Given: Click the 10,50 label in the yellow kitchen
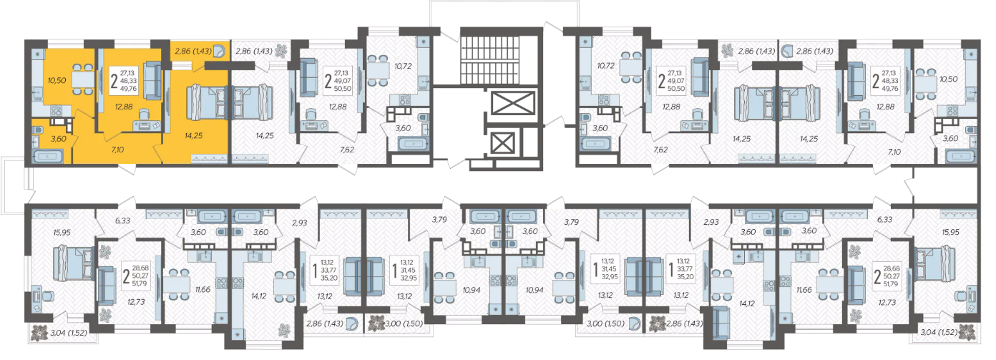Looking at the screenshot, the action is [57, 81].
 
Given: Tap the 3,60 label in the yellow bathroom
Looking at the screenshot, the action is [58, 139].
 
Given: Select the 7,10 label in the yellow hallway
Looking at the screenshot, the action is [117, 150].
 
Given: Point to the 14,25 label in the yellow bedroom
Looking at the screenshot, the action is [193, 136].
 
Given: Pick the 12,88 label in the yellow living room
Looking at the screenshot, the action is [124, 107].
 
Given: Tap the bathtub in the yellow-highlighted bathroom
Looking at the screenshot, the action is [47, 157].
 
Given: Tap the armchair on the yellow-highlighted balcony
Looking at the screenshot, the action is [219, 52].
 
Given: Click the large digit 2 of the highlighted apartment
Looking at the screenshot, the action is [114, 81].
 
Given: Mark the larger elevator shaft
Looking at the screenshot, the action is [513, 103].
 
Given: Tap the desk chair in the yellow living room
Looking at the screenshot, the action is [143, 115].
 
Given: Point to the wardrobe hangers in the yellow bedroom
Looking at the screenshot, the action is [209, 158].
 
